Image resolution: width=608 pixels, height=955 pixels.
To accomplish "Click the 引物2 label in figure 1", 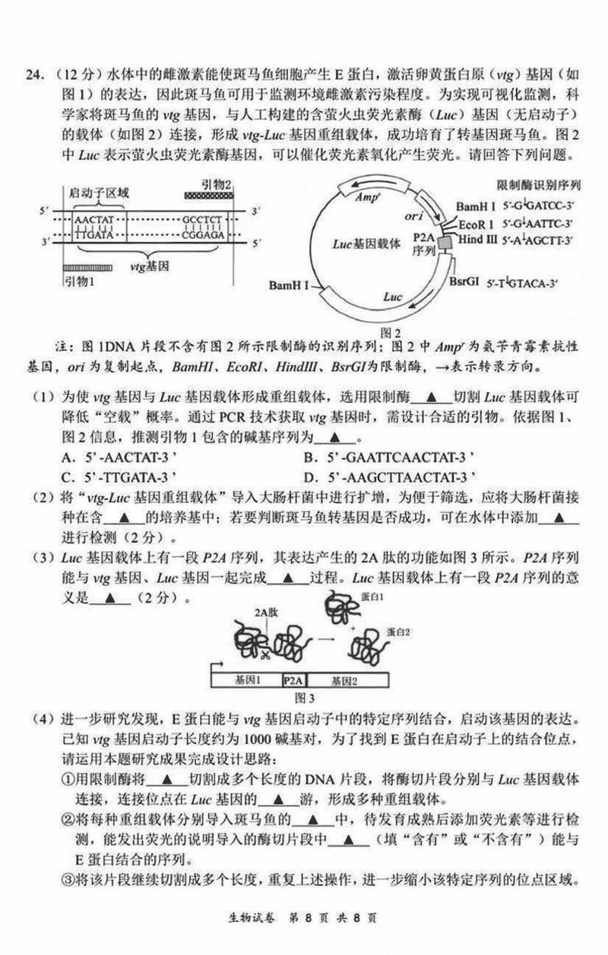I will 216,184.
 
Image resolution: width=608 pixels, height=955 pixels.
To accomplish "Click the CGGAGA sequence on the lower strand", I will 202,236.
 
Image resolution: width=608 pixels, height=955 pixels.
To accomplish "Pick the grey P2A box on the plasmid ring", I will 444,241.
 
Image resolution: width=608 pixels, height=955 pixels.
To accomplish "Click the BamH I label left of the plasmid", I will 289,285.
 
